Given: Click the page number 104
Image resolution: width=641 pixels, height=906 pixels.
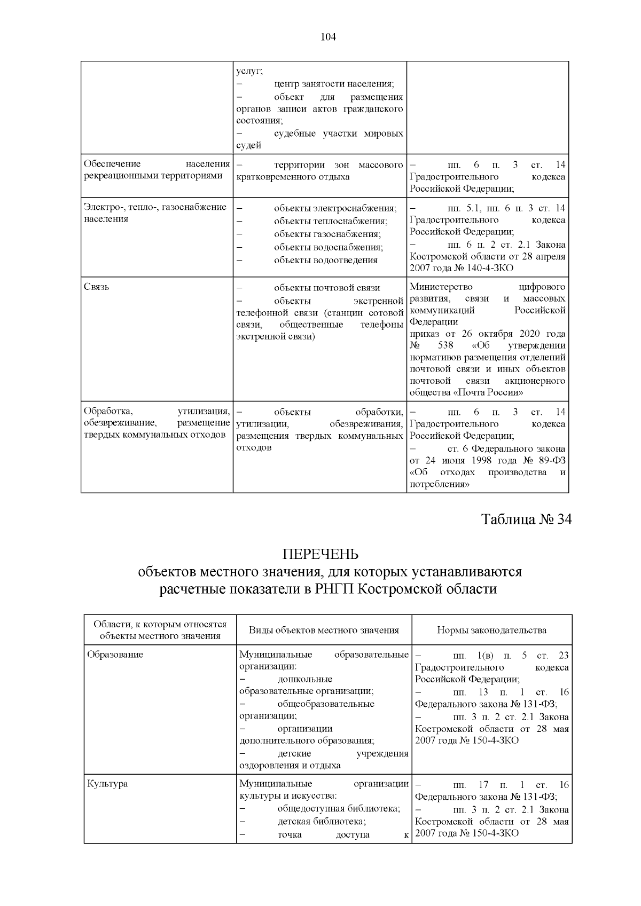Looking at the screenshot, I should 328,37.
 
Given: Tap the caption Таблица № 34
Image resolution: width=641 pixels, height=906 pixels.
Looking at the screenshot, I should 526,519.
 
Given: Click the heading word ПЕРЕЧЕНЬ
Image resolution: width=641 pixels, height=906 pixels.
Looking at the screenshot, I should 320,554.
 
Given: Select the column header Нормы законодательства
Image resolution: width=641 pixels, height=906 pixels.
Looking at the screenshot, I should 491,630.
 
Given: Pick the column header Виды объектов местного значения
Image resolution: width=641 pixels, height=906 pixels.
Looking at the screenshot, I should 324,630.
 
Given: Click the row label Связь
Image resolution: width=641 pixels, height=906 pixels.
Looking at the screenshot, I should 97,287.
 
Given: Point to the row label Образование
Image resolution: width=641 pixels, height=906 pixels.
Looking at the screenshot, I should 115,655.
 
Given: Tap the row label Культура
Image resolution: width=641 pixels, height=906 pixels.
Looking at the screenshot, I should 107,784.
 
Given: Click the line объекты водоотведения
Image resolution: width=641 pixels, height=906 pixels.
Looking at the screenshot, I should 325,260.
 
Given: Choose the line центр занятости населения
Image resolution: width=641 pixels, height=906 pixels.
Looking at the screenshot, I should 334,84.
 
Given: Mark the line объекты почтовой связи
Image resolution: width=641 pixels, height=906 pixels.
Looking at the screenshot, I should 327,288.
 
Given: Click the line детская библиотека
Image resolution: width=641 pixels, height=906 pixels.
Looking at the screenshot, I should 322,822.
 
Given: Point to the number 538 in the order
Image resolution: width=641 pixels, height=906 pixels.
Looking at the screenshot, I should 445,346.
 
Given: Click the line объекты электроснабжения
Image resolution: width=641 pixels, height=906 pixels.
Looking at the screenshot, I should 335,208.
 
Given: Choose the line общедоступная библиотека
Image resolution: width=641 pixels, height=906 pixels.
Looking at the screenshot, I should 339,809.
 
